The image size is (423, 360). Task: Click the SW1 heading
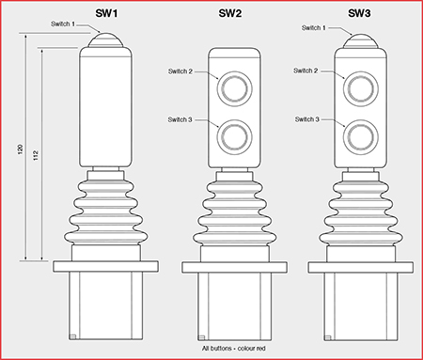point(106,13)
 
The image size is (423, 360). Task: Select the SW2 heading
point(230,13)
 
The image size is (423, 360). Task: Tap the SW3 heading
point(359,13)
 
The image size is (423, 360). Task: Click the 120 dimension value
point(21,149)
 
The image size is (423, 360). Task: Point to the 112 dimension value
point(36,155)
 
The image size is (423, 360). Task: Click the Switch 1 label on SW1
point(63,23)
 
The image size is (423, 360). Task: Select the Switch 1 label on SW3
point(314,28)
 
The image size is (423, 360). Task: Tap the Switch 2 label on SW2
point(180,71)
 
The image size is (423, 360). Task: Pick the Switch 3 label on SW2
point(180,119)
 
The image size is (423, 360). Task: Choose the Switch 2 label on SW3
point(305,70)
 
